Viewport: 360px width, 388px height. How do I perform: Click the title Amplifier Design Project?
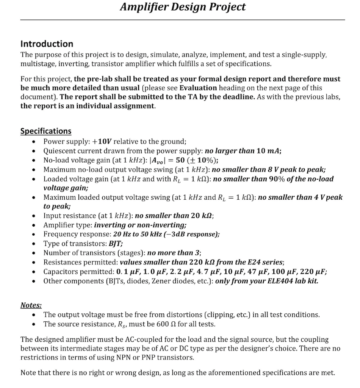point(183,7)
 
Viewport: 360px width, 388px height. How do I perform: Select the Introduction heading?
point(47,44)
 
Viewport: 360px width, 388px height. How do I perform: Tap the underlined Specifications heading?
point(45,131)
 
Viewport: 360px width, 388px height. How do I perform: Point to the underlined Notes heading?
point(31,305)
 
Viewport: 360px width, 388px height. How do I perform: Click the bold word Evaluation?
point(198,88)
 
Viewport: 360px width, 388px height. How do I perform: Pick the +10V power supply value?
point(102,142)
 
